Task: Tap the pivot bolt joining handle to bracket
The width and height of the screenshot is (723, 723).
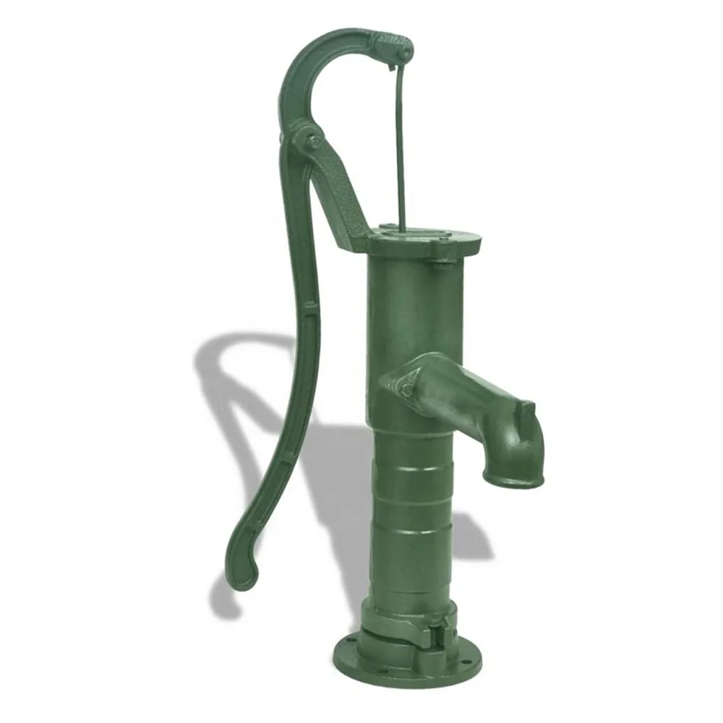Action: (x=314, y=142)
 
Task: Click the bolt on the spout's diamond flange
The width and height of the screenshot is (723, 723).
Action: (x=408, y=389)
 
